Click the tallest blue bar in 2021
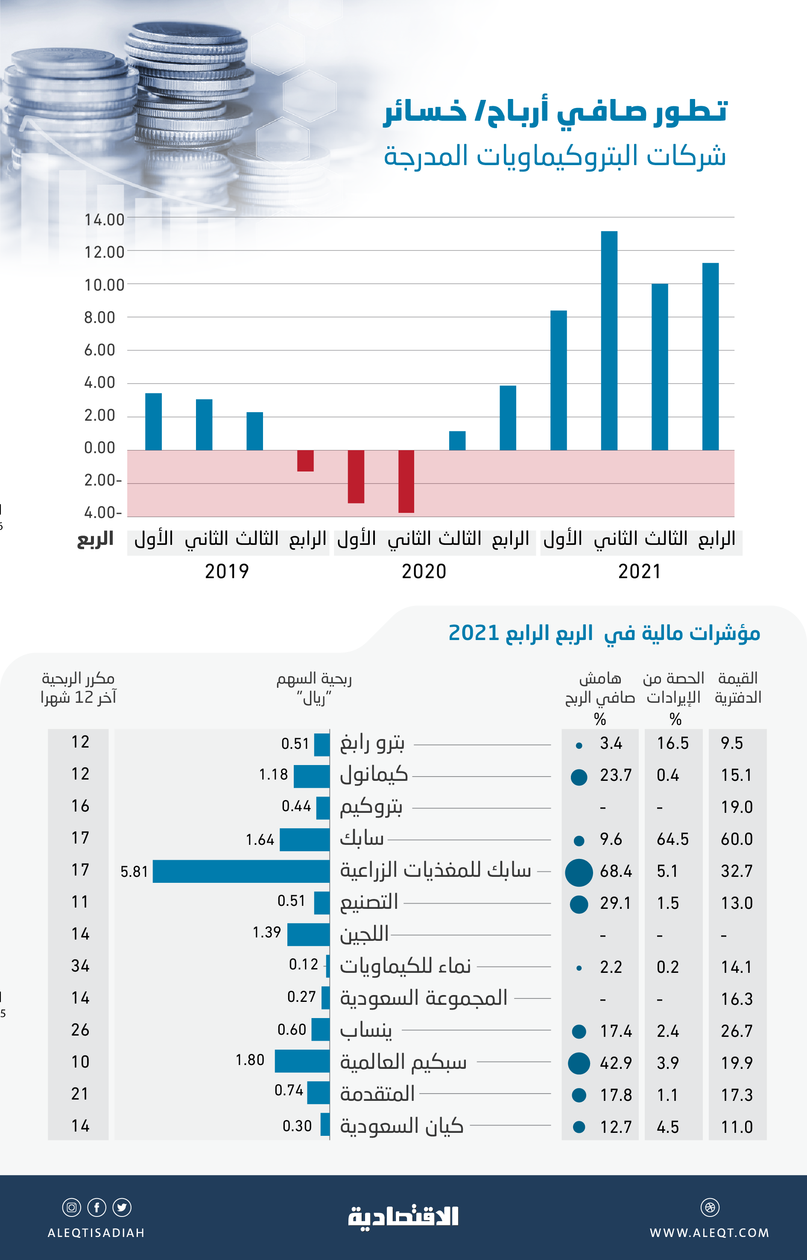[609, 340]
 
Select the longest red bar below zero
[406, 481]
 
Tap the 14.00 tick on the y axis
[104, 219]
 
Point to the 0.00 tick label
[99, 448]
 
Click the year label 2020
[424, 571]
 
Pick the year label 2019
[226, 571]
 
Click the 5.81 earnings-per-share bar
[241, 871]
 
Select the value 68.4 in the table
[616, 871]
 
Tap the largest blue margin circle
[579, 873]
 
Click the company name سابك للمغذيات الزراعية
[436, 870]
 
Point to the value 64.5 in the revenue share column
[672, 839]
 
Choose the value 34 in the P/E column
[80, 966]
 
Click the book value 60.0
[736, 839]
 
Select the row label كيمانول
[374, 774]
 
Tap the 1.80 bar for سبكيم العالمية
[302, 1061]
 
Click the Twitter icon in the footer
[122, 1207]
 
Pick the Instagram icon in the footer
[72, 1207]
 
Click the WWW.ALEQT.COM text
[710, 1233]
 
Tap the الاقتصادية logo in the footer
[403, 1216]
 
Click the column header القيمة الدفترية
[737, 688]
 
